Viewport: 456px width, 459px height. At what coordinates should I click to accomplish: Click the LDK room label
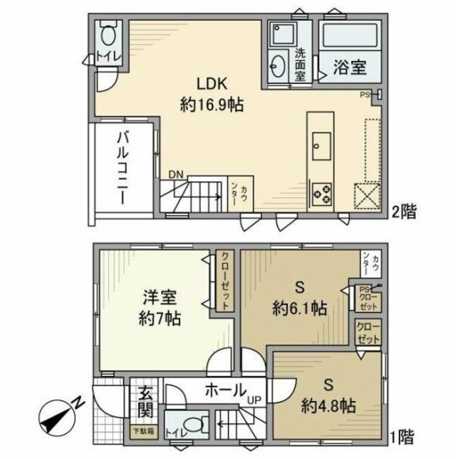[x=211, y=82]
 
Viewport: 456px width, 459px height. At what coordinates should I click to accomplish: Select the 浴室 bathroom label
[x=350, y=68]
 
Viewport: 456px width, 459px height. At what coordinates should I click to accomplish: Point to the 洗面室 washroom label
[x=302, y=63]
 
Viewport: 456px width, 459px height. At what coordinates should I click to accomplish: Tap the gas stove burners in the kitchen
[x=321, y=192]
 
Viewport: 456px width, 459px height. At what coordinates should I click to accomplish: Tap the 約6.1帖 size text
[x=300, y=309]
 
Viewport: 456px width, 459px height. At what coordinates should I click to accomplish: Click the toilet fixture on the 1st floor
[x=190, y=423]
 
